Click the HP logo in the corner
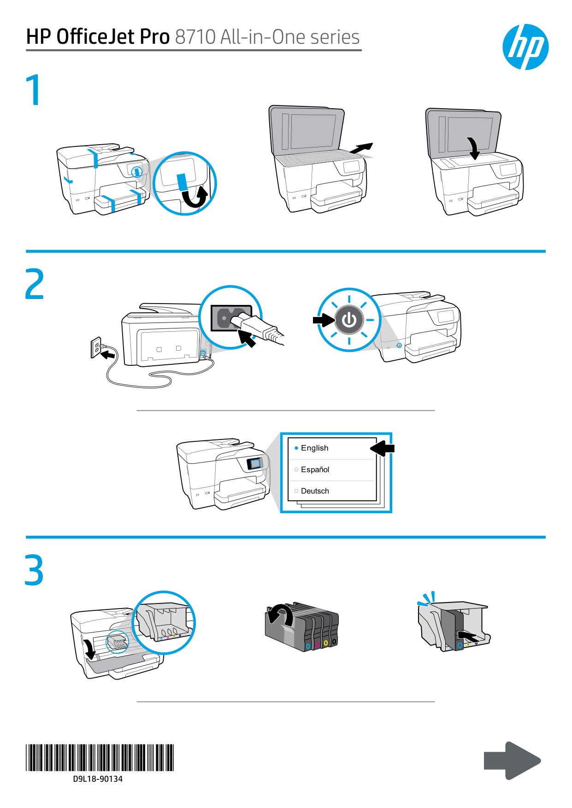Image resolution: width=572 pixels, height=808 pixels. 525,47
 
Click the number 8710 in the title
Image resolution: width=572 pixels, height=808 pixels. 195,37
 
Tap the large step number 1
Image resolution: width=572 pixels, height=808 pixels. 35,90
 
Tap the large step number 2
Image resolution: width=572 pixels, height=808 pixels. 35,284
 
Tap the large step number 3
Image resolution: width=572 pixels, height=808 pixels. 35,570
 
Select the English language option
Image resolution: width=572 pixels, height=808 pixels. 314,448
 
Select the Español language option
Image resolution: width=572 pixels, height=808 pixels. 315,469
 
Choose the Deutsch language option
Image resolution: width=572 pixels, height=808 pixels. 315,491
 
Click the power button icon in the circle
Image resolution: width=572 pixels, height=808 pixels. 349,320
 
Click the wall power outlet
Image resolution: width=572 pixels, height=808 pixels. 95,347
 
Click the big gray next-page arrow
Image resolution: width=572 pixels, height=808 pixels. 512,760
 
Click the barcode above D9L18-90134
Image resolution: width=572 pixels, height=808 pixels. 100,757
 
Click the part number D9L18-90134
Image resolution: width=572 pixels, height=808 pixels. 98,779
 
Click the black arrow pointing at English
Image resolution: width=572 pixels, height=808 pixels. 383,448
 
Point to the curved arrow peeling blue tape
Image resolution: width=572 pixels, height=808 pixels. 195,198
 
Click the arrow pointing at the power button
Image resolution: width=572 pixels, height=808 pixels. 324,320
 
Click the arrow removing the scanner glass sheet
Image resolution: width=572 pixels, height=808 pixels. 361,148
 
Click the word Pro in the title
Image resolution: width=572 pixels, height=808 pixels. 155,37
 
